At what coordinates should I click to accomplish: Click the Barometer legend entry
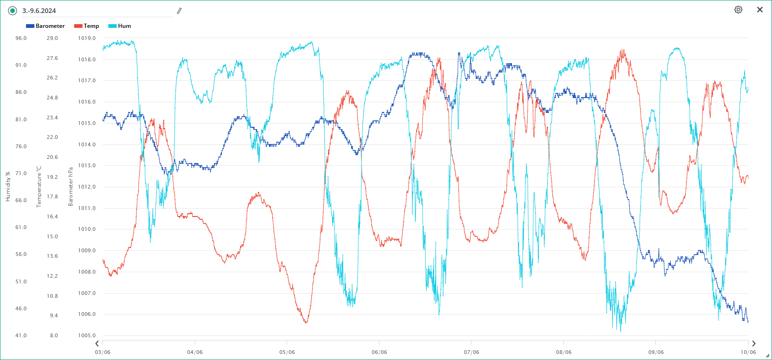coord(46,26)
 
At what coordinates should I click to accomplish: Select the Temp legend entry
coord(87,26)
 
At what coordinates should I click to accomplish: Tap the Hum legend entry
coord(120,26)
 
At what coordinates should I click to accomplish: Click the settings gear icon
coord(738,10)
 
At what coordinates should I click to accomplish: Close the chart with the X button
coord(760,10)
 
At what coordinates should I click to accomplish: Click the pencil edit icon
coord(179,11)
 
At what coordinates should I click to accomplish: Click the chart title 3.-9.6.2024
coord(39,11)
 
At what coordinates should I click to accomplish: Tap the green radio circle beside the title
coord(13,11)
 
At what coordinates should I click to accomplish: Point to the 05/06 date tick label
coord(287,352)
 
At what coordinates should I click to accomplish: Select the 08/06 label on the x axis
coord(564,352)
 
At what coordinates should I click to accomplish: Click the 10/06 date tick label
coord(748,352)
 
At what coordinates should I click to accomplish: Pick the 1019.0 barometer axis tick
coord(87,38)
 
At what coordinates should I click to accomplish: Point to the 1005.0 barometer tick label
coord(87,335)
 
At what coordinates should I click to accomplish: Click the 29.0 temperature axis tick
coord(52,38)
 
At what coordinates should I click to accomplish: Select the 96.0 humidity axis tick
coord(21,38)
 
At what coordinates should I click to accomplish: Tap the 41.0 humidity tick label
coord(21,335)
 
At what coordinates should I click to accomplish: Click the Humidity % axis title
coord(7,186)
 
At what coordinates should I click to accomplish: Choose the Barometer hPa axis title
coord(71,186)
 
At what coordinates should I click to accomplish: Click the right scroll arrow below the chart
coord(753,344)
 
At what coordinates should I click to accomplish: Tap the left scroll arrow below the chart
coord(97,344)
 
